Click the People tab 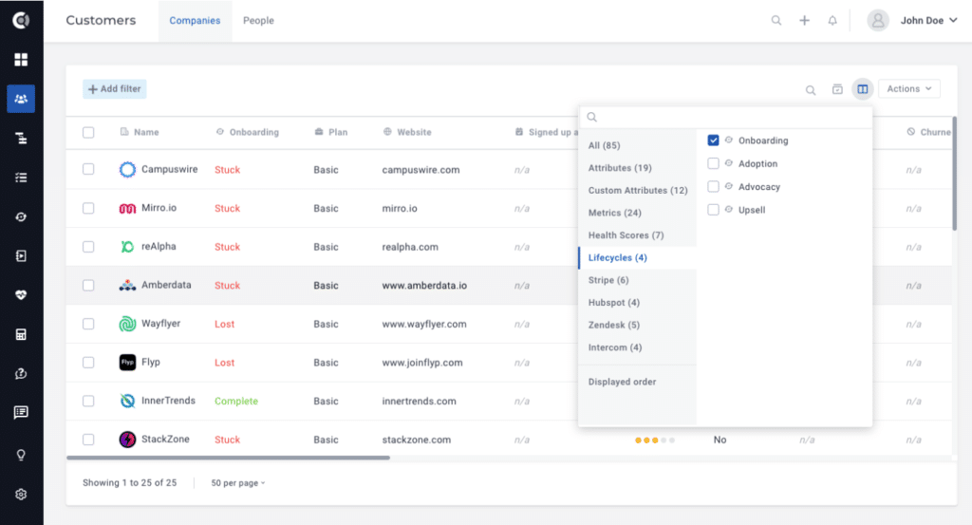(x=258, y=21)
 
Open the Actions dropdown (x=908, y=89)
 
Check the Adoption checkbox (x=714, y=163)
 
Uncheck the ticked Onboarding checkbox (x=714, y=141)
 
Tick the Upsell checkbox (x=714, y=210)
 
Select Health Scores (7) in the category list (x=626, y=235)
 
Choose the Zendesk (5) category (x=613, y=325)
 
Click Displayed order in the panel (x=622, y=382)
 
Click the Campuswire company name (x=169, y=170)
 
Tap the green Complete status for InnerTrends (x=235, y=402)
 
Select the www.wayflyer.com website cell (x=424, y=324)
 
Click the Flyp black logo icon (x=128, y=363)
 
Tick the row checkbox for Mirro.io (x=88, y=208)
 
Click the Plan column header (x=337, y=133)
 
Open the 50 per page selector (x=238, y=483)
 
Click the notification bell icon (x=832, y=21)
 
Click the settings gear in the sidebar (x=21, y=495)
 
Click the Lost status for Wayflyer (x=224, y=324)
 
